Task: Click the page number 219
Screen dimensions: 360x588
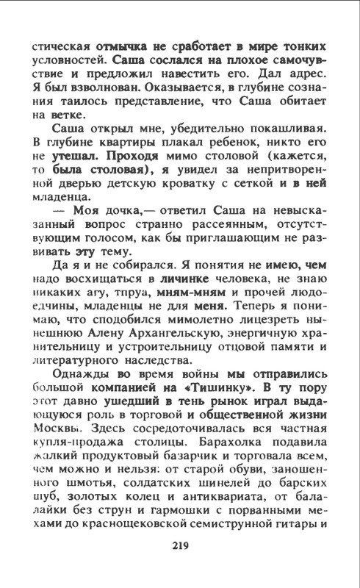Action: (180, 545)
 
